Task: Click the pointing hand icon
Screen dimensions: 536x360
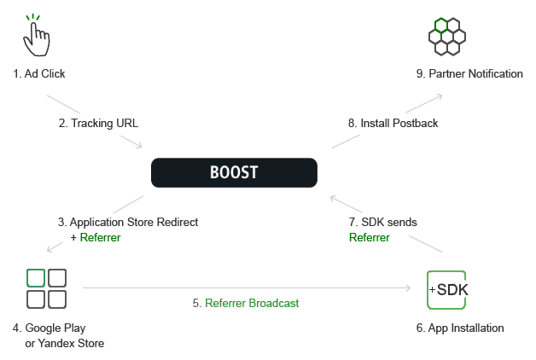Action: click(36, 35)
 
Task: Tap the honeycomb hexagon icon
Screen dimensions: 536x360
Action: click(447, 37)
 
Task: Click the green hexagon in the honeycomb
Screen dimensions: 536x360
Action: click(441, 26)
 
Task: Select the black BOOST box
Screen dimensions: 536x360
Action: click(234, 172)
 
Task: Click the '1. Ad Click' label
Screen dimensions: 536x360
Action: click(39, 73)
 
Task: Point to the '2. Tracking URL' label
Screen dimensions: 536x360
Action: click(98, 124)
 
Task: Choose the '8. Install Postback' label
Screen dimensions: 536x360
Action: click(393, 124)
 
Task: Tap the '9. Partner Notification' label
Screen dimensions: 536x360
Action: click(469, 73)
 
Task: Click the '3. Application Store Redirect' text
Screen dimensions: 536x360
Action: click(128, 223)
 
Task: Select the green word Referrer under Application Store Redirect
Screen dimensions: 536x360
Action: click(100, 238)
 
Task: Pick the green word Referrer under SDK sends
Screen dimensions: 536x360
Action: click(370, 238)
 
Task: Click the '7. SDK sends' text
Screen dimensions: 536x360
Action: click(383, 223)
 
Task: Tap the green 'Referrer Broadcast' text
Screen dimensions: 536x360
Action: click(252, 304)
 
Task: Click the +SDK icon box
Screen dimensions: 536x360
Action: click(446, 290)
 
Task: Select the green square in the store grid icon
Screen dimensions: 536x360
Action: click(36, 278)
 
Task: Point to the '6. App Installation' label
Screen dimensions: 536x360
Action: click(460, 328)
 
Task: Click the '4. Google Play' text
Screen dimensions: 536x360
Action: click(50, 328)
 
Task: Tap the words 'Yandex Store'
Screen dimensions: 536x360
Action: click(71, 343)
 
